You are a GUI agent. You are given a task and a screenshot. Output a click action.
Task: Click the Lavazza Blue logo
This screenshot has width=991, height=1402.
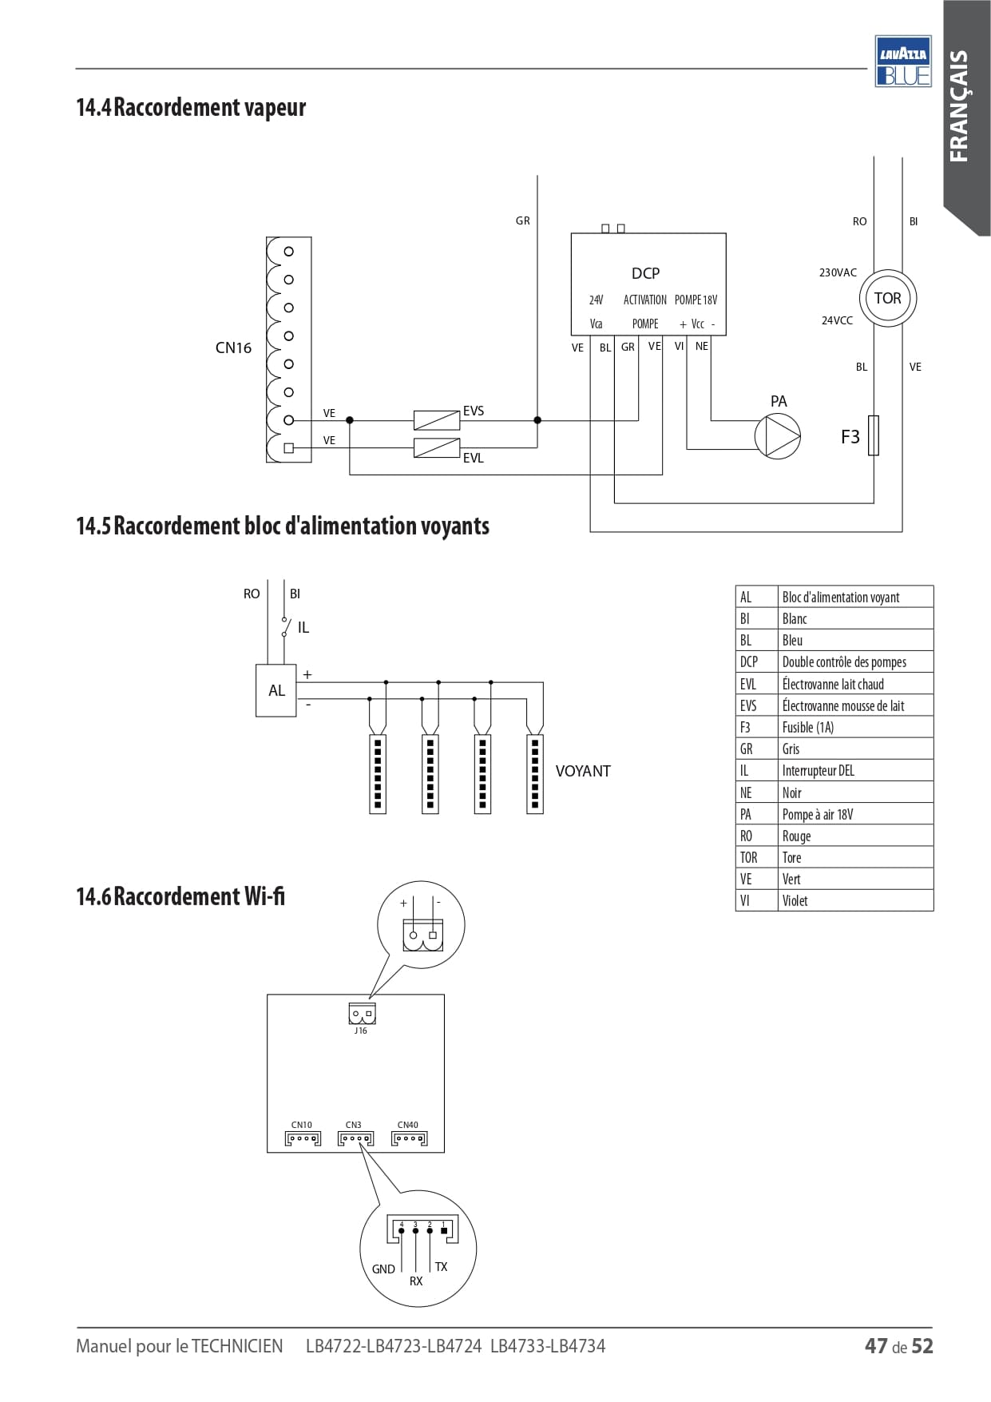tap(903, 61)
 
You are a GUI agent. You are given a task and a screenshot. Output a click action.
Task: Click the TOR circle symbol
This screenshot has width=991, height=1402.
tap(887, 299)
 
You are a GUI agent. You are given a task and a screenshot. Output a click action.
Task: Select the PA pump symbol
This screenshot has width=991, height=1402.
tap(777, 436)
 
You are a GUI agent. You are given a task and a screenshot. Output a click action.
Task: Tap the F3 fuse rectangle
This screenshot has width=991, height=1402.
tap(874, 435)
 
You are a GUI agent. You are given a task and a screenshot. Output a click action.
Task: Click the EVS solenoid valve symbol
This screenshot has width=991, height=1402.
tap(437, 419)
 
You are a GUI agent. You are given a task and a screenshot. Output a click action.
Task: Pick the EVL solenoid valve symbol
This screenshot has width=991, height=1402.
tap(437, 447)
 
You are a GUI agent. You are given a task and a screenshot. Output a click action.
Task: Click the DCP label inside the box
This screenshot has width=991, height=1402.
tap(645, 273)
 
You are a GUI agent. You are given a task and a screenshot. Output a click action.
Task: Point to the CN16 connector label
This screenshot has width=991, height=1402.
tap(233, 348)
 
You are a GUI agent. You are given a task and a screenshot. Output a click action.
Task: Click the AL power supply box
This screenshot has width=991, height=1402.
tap(276, 690)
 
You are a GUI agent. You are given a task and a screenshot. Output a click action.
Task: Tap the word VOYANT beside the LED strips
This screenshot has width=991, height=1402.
tap(583, 771)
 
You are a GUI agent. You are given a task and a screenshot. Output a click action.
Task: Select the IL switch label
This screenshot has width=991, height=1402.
tap(303, 628)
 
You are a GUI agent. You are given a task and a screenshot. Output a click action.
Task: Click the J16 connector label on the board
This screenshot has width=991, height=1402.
tap(361, 1031)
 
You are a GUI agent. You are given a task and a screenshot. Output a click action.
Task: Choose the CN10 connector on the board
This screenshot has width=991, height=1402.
tap(303, 1138)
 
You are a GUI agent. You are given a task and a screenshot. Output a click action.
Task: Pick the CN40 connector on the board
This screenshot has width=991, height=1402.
tap(409, 1138)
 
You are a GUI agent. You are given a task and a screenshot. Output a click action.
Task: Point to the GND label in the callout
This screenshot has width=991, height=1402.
tap(383, 1269)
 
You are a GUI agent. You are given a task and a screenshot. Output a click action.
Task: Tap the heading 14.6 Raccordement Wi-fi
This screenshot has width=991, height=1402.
tap(180, 896)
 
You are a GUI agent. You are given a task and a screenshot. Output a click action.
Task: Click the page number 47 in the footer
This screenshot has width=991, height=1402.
tap(876, 1346)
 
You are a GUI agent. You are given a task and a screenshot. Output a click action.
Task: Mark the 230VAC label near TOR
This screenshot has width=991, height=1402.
tap(838, 272)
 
